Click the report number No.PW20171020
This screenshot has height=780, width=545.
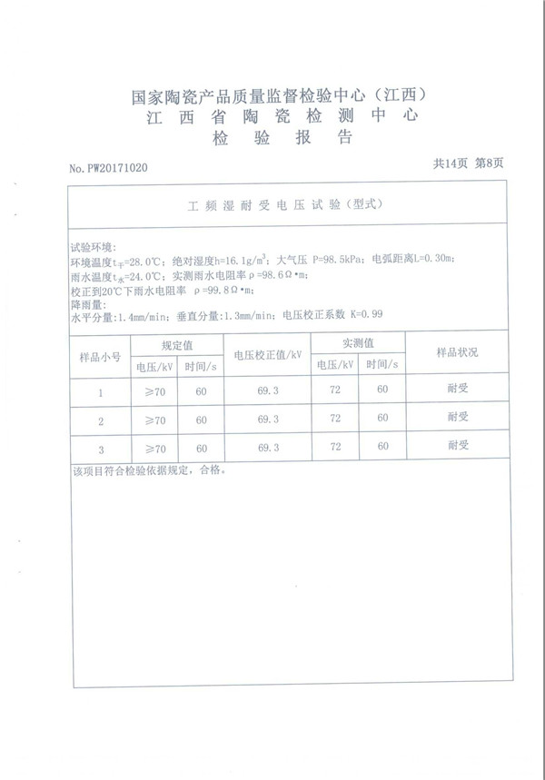coord(108,169)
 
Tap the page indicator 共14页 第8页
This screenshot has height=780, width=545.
coord(467,163)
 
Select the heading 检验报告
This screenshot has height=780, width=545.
coord(281,139)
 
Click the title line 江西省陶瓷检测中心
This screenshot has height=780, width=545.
coord(280,117)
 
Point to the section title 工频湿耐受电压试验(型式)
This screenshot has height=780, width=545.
coord(282,206)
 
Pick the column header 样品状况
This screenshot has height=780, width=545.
coord(457,351)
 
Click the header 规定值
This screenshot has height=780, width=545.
coord(177,345)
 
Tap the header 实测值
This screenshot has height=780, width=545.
coord(358,343)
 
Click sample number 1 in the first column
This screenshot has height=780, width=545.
coord(101,393)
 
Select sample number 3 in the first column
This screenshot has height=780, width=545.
coord(101,449)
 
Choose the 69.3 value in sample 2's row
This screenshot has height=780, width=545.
coord(268,420)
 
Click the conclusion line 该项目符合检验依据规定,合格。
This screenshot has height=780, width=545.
coord(146,471)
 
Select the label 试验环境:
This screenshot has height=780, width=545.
coord(94,247)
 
